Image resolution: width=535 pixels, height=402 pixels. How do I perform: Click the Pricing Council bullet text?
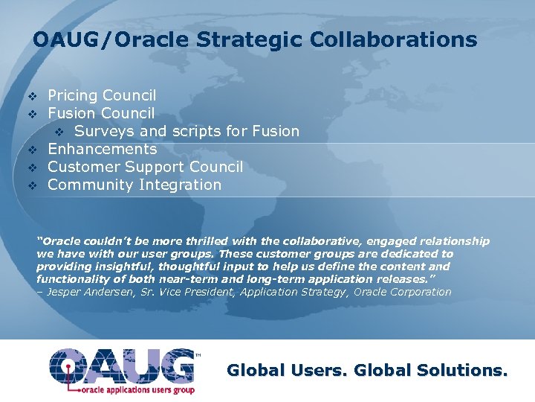[102, 95]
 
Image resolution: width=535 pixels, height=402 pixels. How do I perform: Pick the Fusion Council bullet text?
[101, 113]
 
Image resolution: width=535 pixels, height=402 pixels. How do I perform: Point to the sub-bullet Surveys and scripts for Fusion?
[187, 132]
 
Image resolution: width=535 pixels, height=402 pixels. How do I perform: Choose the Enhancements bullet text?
[102, 149]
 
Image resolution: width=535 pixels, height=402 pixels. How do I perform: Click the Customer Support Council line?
[145, 167]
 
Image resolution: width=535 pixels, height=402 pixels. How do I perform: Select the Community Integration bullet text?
[134, 185]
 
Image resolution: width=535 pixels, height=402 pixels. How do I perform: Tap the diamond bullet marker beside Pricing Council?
[32, 96]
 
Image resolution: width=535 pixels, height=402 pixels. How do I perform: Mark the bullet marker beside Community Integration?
[32, 185]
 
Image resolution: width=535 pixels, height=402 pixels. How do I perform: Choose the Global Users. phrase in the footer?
[288, 370]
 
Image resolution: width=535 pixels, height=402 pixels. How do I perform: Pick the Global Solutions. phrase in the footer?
[431, 370]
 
